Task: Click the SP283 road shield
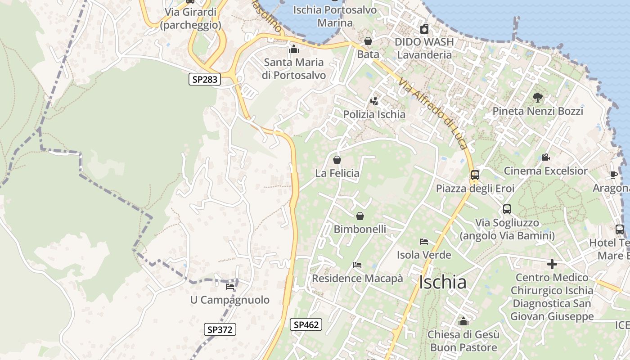(205, 80)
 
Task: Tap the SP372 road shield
(220, 329)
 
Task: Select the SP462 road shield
(306, 324)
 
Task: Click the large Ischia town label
(442, 283)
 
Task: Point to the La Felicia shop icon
(337, 160)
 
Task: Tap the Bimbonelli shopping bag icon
(360, 216)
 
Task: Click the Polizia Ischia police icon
(374, 101)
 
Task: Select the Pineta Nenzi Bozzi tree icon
(537, 97)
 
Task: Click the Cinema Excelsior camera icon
(545, 157)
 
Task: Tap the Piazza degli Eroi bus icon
(475, 175)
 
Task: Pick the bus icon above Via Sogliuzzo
(507, 209)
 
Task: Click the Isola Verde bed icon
(423, 242)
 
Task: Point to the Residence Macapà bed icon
(357, 265)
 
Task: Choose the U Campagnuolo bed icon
(230, 287)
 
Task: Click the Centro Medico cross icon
(552, 264)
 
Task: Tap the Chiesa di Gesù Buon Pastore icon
(463, 322)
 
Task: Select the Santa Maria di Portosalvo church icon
(294, 49)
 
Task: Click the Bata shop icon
(368, 41)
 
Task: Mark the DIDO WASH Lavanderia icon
(424, 29)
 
